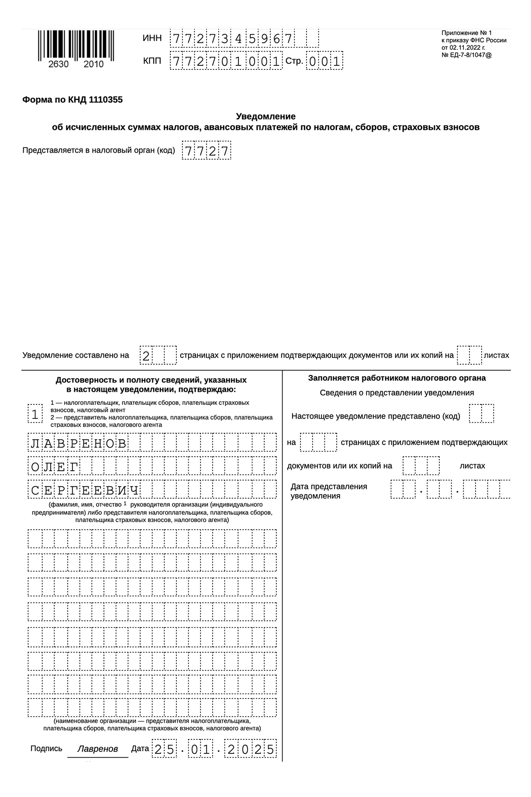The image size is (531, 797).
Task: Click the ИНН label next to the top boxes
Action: tap(152, 38)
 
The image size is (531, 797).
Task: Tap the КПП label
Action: tap(152, 61)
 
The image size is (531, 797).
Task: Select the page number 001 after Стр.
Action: tap(324, 62)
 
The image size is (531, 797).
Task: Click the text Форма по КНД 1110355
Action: tap(72, 100)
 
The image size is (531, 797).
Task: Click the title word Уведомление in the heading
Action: tap(265, 116)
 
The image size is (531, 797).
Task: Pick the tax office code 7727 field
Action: tap(206, 151)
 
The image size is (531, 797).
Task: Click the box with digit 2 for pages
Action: tap(146, 356)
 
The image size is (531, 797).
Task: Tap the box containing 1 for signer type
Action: tap(35, 414)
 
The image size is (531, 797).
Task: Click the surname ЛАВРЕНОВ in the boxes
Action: tap(79, 443)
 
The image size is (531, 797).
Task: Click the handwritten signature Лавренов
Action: tap(97, 749)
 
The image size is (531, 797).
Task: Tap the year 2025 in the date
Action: tap(251, 749)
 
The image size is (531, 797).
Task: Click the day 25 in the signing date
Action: tap(164, 749)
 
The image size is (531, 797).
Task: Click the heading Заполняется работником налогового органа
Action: tap(397, 378)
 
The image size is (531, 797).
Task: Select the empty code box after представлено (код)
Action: tap(481, 414)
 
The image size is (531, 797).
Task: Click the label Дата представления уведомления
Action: tap(328, 491)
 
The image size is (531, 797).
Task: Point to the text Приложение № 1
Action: tap(466, 33)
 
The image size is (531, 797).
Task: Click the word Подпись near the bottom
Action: tap(46, 749)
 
